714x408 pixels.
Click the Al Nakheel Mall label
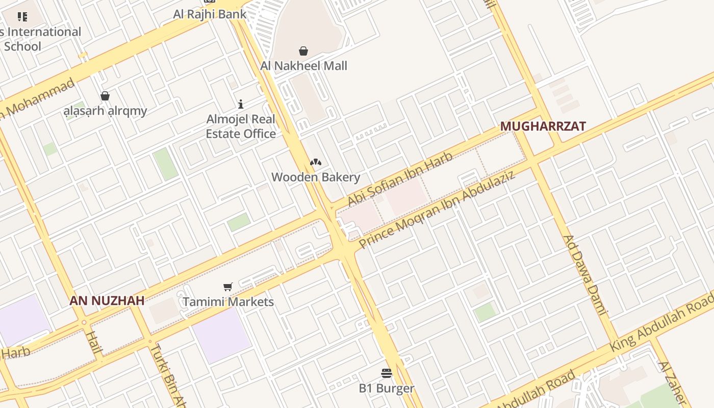tap(303, 66)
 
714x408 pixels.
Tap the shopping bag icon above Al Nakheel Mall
tap(303, 51)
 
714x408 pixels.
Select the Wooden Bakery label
tap(316, 177)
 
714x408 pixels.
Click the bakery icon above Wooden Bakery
tap(316, 163)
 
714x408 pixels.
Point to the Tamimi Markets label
tap(228, 302)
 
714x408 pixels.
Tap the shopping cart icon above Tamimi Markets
tap(228, 287)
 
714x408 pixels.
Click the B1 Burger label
tap(387, 389)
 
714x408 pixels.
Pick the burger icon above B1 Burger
tap(387, 374)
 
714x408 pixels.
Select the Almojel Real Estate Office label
tap(241, 126)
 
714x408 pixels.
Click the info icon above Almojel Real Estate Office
tap(241, 105)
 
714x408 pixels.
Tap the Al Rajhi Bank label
tap(210, 14)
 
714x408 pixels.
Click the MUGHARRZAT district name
tap(543, 126)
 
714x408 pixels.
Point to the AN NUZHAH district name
tap(107, 301)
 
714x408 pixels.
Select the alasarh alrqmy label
tap(105, 111)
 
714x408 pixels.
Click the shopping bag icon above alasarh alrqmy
tap(105, 96)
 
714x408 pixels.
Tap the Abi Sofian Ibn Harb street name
tap(400, 180)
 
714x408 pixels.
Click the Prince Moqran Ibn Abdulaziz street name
tap(437, 209)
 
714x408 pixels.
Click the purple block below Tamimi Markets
tap(221, 334)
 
